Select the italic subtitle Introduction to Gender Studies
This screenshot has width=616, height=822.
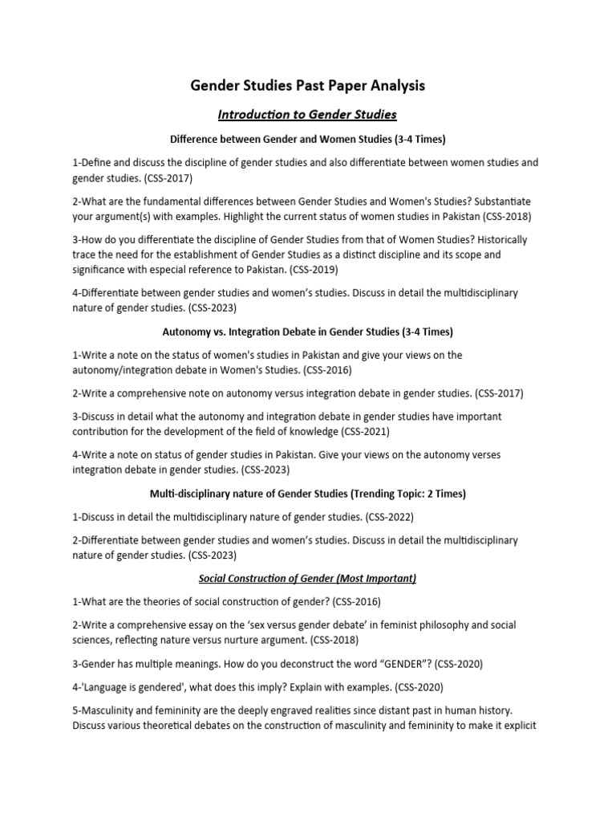pos(307,114)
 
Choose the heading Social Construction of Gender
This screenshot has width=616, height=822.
pos(307,578)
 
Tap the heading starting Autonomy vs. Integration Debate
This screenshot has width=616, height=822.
pos(307,331)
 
